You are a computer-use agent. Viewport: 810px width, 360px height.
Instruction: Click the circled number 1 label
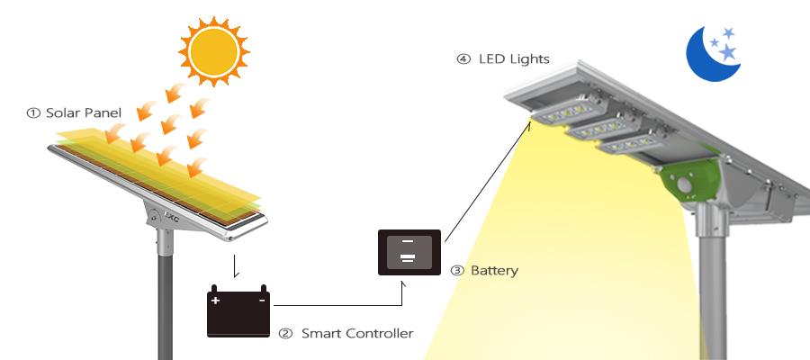pyautogui.click(x=33, y=113)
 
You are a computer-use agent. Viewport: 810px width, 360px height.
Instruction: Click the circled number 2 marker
pyautogui.click(x=285, y=333)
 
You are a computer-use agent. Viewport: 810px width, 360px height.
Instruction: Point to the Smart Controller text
pyautogui.click(x=357, y=333)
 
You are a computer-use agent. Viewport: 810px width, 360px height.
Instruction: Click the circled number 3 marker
pyautogui.click(x=456, y=270)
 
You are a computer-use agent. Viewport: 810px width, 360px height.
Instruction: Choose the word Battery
pyautogui.click(x=494, y=270)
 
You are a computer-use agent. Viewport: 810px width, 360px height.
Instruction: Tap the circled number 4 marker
pyautogui.click(x=463, y=59)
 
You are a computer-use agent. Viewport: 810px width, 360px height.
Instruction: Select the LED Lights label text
pyautogui.click(x=513, y=59)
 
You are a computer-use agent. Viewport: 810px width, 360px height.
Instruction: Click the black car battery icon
pyautogui.click(x=238, y=311)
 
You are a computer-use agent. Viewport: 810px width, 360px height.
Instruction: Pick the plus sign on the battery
pyautogui.click(x=215, y=300)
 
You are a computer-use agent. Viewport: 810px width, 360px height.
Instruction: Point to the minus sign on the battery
pyautogui.click(x=262, y=300)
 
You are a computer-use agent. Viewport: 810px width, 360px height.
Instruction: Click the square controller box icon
pyautogui.click(x=407, y=251)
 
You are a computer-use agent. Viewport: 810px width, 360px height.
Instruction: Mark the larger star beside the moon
pyautogui.click(x=728, y=52)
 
